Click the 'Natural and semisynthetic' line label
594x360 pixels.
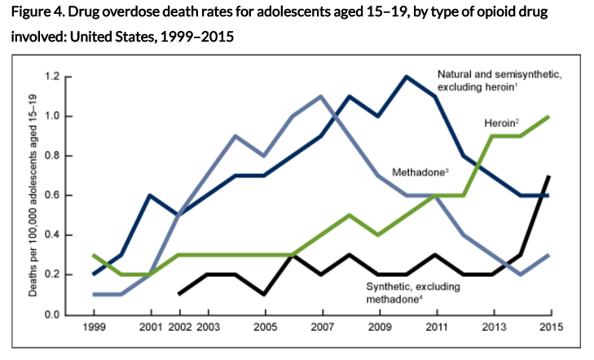(x=496, y=79)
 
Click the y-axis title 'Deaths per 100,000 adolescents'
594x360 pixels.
(x=33, y=195)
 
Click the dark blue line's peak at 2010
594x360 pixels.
(x=407, y=77)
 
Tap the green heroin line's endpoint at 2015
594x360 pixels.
(x=550, y=116)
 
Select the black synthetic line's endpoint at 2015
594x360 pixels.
(x=550, y=176)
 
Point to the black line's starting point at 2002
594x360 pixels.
(x=178, y=294)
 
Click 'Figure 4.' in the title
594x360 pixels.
(x=38, y=14)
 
